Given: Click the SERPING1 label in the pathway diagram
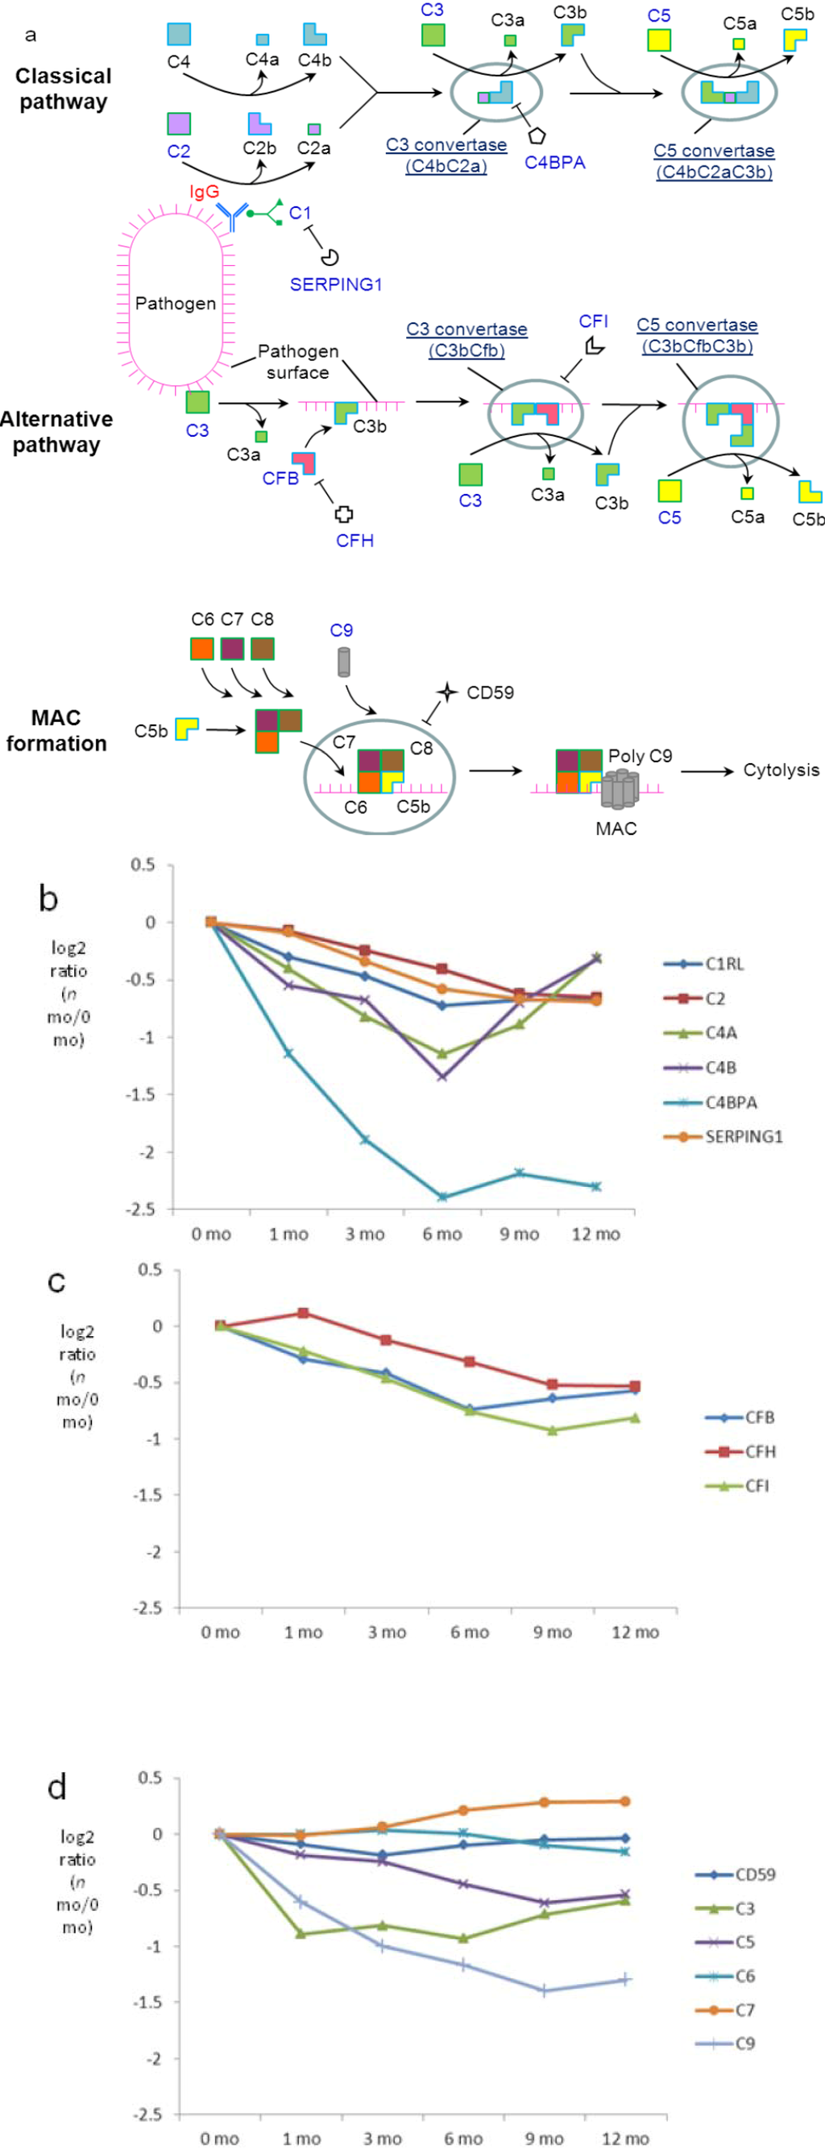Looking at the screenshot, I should pos(335,284).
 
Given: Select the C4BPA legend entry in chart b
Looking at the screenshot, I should pos(730,1102).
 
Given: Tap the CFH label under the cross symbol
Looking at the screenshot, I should pos(354,541).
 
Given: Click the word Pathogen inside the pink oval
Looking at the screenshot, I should pos(175,304).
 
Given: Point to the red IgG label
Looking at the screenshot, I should pos(204,192).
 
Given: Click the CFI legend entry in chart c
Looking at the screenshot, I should pos(756,1486).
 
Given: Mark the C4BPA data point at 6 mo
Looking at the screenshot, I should pos(442,1197).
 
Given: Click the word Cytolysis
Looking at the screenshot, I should pos(781,770).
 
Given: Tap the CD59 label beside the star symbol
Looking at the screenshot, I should pos(490,693).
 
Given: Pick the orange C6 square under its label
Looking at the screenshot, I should pos(202,649).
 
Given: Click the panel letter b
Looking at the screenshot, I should pos(48,899).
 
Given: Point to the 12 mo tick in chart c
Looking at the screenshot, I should pos(635,1633).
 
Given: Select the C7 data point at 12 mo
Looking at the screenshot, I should pos(625,1801).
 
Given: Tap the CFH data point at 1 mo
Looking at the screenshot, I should pos(303,1313).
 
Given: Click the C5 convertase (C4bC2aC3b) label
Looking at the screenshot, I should pos(713,162).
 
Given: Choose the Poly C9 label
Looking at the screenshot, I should pos(639,756).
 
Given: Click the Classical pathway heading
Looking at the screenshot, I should pos(63,89).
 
